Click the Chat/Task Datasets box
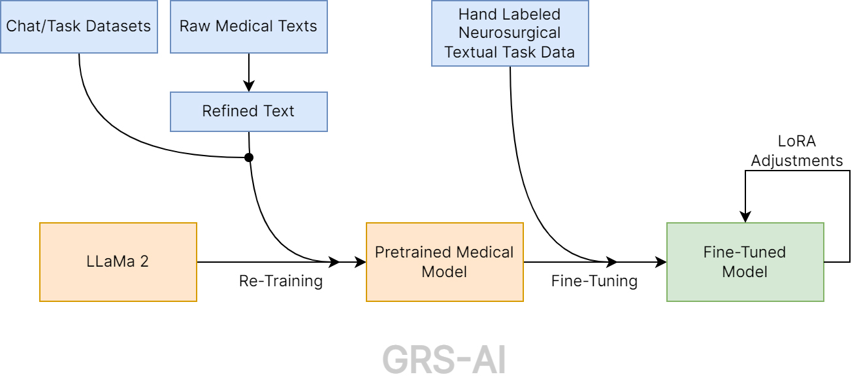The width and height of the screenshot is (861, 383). pos(79,27)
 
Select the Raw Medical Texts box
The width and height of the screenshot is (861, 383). pos(248,27)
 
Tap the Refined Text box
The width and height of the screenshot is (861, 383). pos(248,111)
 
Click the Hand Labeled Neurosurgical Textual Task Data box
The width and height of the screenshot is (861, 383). pos(510,33)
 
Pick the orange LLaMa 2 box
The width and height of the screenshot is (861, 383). pos(118,262)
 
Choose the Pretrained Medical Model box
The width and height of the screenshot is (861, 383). pos(444,262)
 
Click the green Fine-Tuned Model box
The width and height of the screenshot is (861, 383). pos(745,262)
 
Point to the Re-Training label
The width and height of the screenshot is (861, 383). pos(281,282)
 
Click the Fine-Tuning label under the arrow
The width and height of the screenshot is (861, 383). pos(594,282)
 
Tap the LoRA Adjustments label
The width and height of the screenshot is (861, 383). pos(797,151)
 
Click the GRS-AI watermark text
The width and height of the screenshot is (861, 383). pos(444,359)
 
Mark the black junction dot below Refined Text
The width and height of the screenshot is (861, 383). pos(248,158)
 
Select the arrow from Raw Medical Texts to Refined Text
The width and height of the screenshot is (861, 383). pos(248,72)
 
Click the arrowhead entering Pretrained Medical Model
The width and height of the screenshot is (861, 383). pos(360,262)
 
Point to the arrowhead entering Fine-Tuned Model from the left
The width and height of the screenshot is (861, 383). pos(660,262)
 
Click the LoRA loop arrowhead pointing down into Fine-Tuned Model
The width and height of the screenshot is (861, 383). pos(745,217)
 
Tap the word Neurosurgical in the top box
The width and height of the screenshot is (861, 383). pos(510,33)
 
